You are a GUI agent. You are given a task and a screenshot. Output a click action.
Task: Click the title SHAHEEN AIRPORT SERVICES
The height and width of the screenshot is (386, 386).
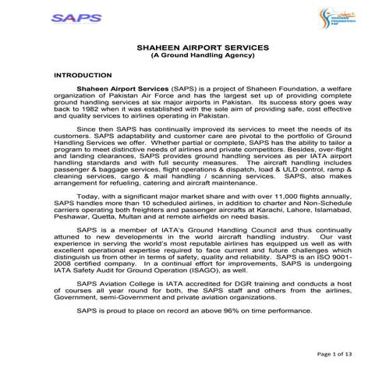pyautogui.click(x=192, y=48)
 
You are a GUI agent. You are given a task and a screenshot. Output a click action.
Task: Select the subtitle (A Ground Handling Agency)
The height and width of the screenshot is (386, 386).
pyautogui.click(x=192, y=56)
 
